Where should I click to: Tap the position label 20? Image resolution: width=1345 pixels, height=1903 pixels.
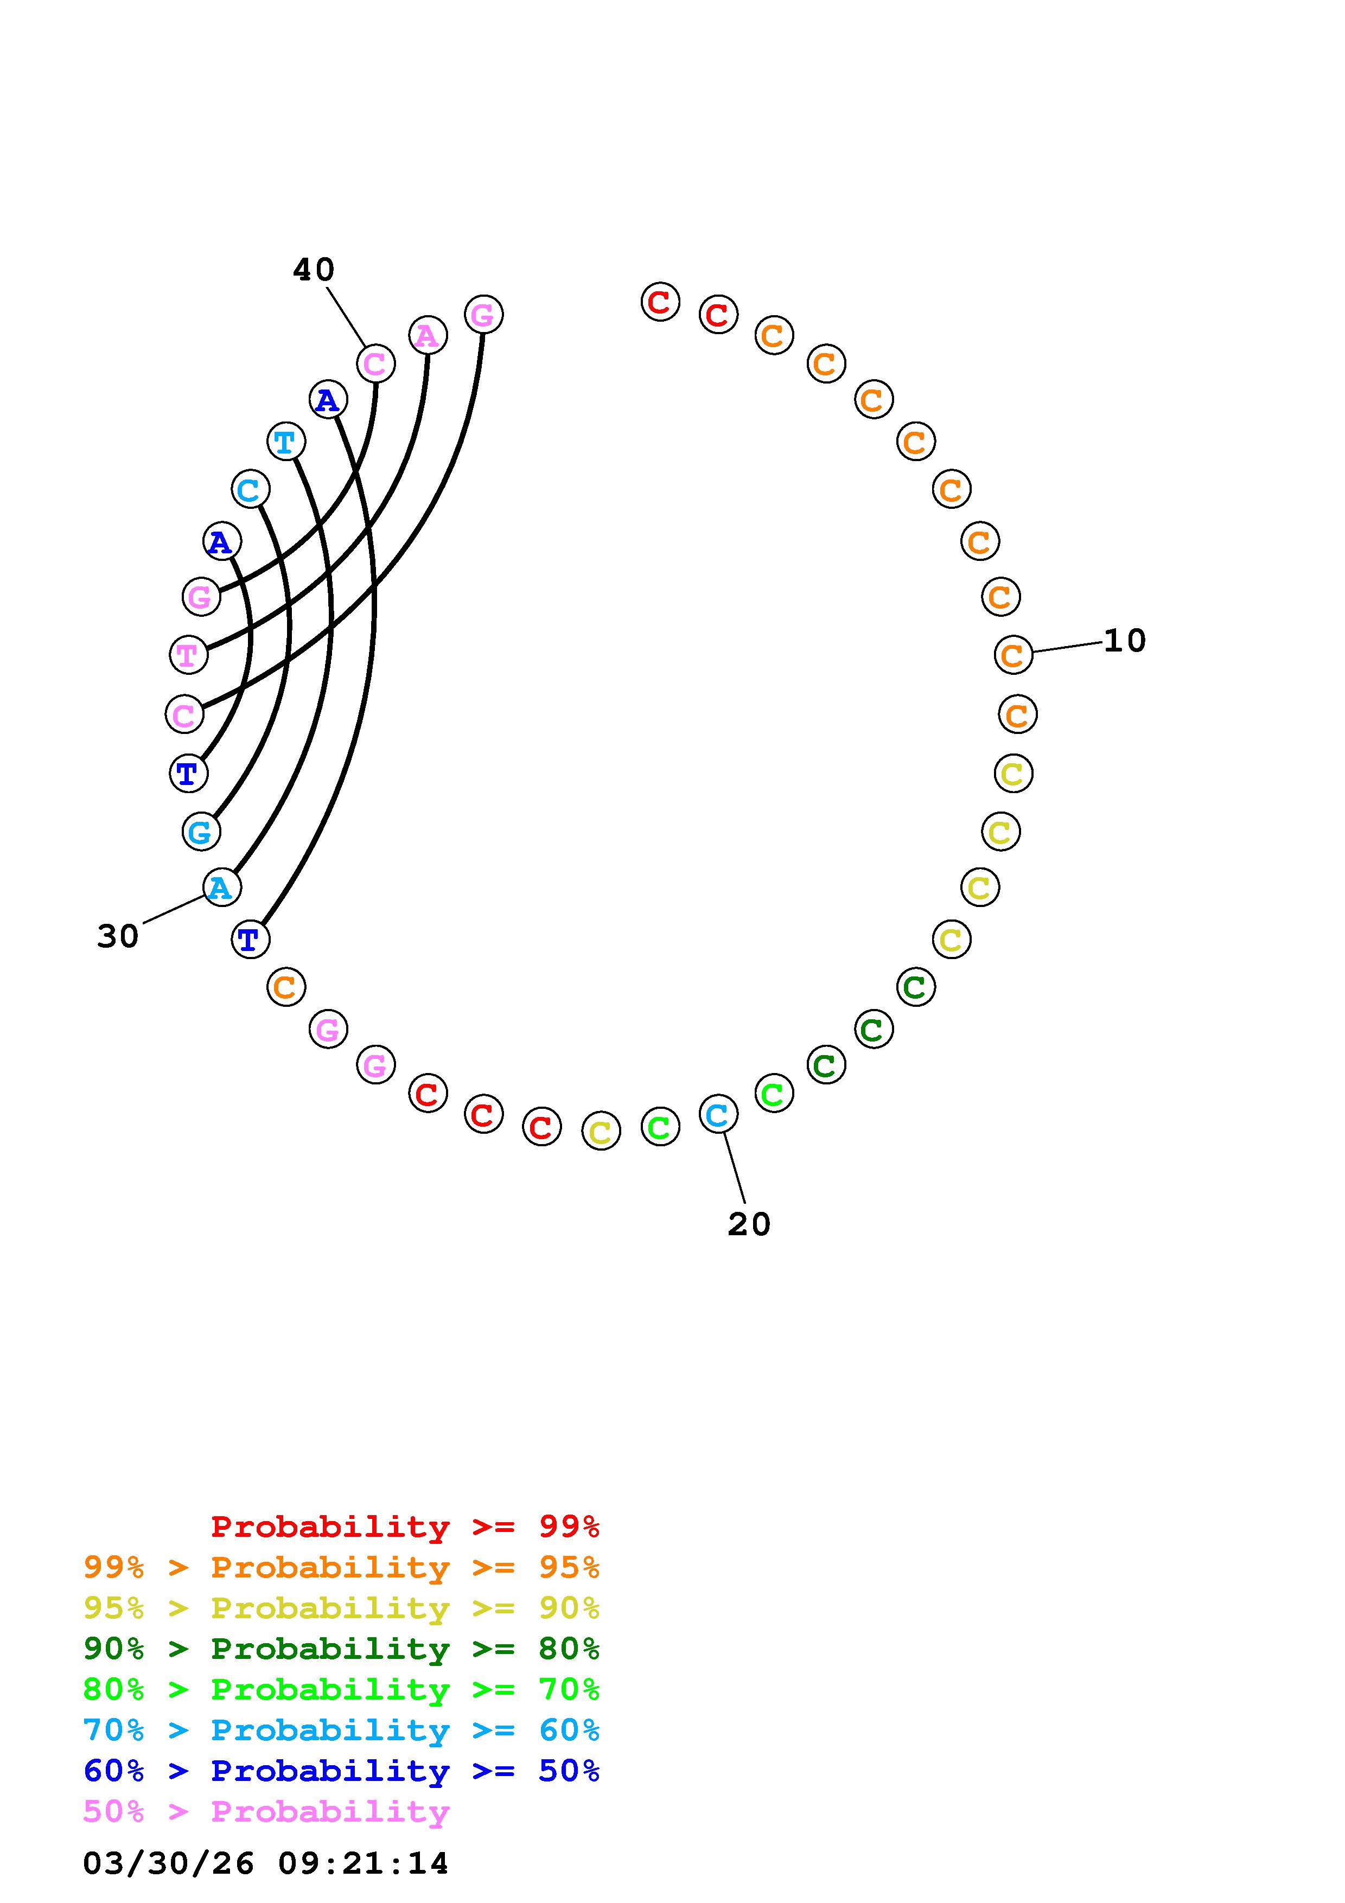pyautogui.click(x=749, y=1224)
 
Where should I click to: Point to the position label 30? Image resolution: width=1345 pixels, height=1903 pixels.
pyautogui.click(x=118, y=936)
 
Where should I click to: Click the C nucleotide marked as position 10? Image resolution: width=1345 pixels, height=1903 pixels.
pyautogui.click(x=1013, y=655)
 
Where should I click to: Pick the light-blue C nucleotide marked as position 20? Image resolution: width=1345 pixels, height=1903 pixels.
pyautogui.click(x=718, y=1114)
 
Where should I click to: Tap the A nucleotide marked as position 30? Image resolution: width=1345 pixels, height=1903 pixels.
pyautogui.click(x=221, y=887)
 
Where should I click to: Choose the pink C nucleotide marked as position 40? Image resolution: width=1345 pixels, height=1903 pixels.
pyautogui.click(x=375, y=363)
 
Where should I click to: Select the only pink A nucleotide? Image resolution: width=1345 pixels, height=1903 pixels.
pyautogui.click(x=428, y=335)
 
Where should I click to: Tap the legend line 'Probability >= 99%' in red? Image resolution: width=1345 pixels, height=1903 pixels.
pyautogui.click(x=404, y=1527)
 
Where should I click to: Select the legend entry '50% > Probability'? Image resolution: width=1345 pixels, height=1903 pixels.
pyautogui.click(x=266, y=1812)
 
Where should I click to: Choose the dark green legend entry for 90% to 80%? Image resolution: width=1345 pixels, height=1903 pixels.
pyautogui.click(x=341, y=1649)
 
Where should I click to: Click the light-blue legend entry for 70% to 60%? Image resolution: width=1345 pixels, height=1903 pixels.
pyautogui.click(x=341, y=1730)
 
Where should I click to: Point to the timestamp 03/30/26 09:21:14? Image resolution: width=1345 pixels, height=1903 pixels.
pyautogui.click(x=265, y=1863)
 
